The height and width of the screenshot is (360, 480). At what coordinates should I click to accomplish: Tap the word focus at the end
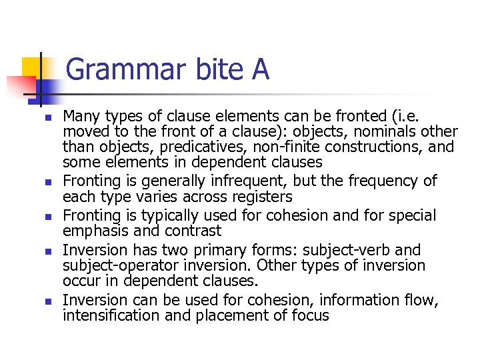point(308,315)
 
